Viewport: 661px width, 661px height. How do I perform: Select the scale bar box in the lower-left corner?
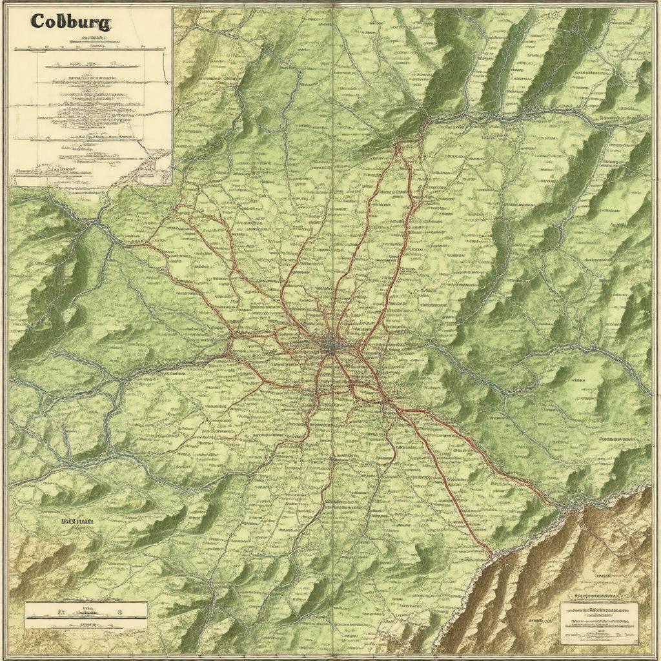point(86,611)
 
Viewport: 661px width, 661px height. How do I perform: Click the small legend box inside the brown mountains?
point(599,623)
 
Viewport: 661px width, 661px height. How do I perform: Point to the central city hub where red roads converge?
point(332,345)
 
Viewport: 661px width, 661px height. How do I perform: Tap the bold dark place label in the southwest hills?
point(77,520)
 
